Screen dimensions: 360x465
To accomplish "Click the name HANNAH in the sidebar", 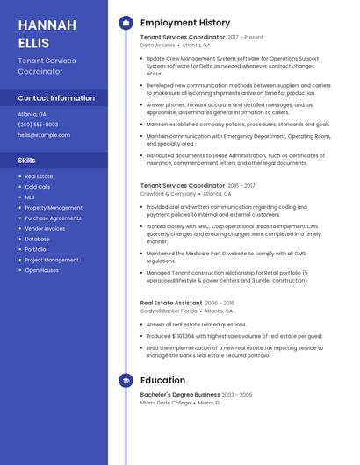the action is point(42,24).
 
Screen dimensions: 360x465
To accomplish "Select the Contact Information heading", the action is point(55,98).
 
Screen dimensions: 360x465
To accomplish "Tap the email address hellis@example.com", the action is point(44,135).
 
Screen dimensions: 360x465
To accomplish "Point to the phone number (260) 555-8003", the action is point(39,125).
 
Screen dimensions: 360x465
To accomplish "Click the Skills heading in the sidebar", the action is point(27,161).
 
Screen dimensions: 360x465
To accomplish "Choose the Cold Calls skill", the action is point(38,187).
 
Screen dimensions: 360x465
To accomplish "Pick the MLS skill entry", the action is point(30,197).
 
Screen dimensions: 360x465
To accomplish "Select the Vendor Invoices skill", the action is point(45,228).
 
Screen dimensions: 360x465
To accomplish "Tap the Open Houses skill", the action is point(41,270).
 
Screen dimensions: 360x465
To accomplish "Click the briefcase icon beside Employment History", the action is point(126,23).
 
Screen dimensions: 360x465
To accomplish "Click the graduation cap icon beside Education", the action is point(126,381).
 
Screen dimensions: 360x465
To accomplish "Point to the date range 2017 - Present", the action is point(245,38).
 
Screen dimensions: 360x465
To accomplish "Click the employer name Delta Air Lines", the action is point(158,45).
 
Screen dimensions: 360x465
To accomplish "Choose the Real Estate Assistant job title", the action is point(171,303).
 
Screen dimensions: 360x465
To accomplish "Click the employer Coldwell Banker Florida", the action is point(169,311).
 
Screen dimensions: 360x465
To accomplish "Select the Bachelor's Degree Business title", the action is point(180,395).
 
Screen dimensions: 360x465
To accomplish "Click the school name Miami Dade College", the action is point(165,403).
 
